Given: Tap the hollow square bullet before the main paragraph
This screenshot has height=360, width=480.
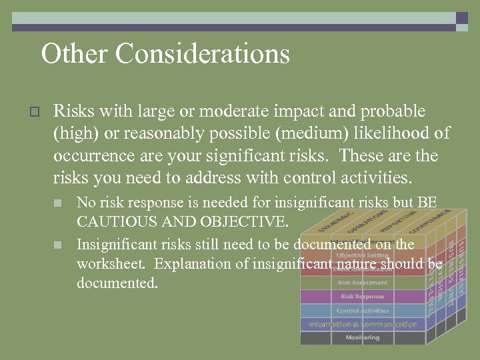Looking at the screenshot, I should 36,111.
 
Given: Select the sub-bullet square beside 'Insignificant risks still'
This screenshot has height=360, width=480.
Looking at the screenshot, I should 58,245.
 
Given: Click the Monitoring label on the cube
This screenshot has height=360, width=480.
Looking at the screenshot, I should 363,337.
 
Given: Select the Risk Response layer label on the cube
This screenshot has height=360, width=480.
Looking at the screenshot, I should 363,296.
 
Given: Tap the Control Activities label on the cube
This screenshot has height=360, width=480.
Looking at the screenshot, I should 363,311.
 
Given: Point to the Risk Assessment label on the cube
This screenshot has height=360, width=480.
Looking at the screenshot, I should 363,283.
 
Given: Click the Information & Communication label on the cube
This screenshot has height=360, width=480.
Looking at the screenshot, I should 363,324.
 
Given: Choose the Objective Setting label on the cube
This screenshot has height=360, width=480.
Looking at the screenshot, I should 363,255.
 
